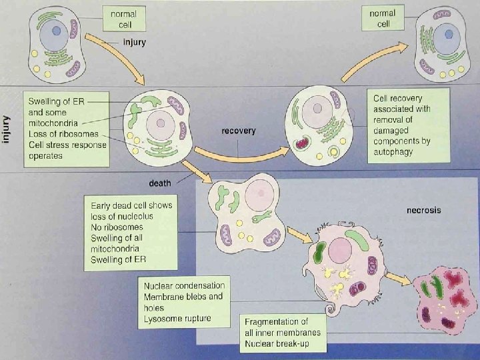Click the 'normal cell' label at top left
[x=123, y=18]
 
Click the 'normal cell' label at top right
[x=383, y=18]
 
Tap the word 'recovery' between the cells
[x=238, y=131]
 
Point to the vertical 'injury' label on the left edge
[x=7, y=128]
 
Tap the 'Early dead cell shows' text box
[x=131, y=232]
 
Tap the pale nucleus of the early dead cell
[x=258, y=195]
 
